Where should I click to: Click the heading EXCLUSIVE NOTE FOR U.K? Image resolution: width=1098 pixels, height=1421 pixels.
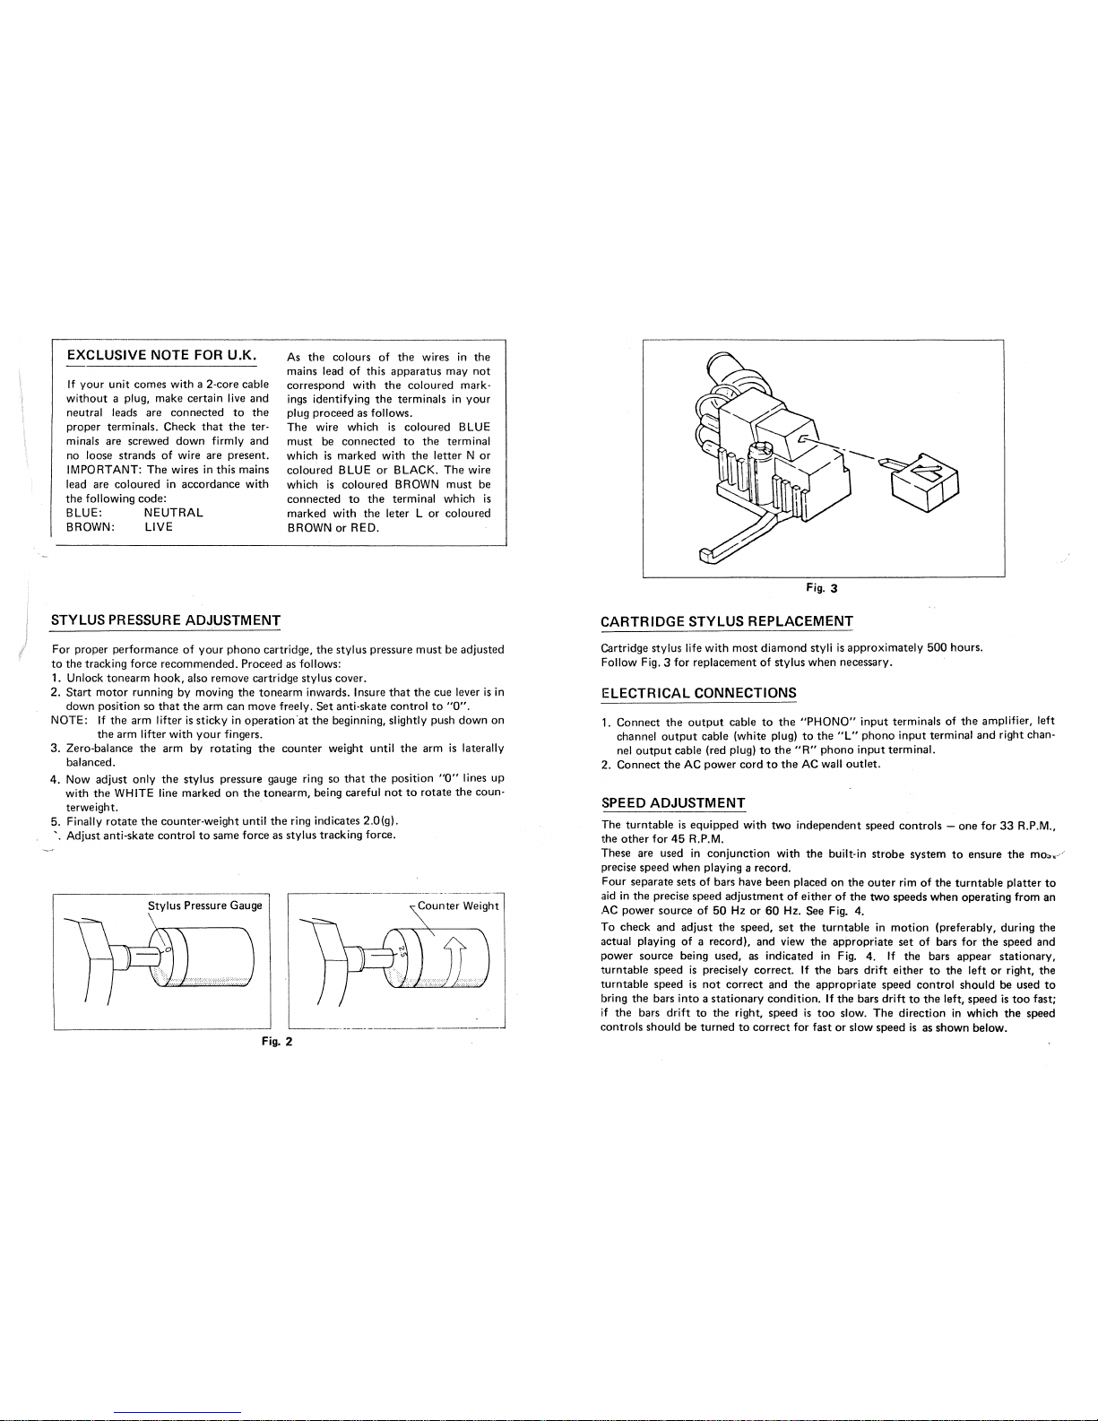pyautogui.click(x=161, y=355)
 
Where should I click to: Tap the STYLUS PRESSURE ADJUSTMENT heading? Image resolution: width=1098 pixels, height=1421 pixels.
pyautogui.click(x=165, y=620)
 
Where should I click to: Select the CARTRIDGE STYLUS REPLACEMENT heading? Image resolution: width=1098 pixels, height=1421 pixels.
pyautogui.click(x=727, y=621)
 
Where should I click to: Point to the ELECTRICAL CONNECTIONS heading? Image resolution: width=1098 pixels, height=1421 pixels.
pyautogui.click(x=698, y=692)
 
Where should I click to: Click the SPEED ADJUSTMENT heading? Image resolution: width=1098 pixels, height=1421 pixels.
pyautogui.click(x=673, y=803)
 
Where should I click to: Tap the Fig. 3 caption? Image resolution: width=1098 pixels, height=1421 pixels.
pyautogui.click(x=822, y=588)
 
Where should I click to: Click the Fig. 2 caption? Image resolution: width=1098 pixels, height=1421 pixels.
pyautogui.click(x=276, y=1042)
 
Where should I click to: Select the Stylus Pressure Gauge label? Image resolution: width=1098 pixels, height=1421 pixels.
pyautogui.click(x=204, y=905)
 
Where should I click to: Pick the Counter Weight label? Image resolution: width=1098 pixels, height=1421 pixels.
pyautogui.click(x=457, y=905)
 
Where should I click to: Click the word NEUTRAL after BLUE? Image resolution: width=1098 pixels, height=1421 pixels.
pyautogui.click(x=173, y=513)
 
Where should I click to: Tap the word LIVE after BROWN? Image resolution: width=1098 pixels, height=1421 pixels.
pyautogui.click(x=159, y=527)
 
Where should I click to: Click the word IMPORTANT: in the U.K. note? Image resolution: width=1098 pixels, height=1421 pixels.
pyautogui.click(x=103, y=470)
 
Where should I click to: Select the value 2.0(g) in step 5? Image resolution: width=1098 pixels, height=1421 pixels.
pyautogui.click(x=381, y=820)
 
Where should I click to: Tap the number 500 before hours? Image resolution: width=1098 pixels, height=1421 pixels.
pyautogui.click(x=938, y=647)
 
